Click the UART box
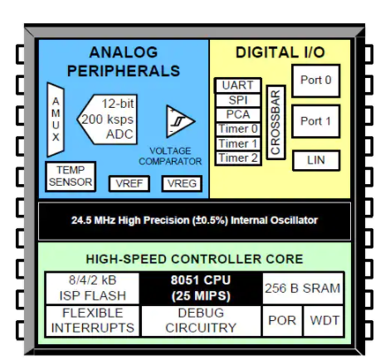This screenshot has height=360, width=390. pyautogui.click(x=238, y=85)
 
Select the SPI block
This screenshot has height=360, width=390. pyautogui.click(x=238, y=100)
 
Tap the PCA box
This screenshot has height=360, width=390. pyautogui.click(x=238, y=114)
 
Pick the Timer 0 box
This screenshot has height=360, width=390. pyautogui.click(x=238, y=129)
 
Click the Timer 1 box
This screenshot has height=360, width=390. pyautogui.click(x=238, y=144)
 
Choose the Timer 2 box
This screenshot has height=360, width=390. pyautogui.click(x=238, y=158)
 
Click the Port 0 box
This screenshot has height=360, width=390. pyautogui.click(x=315, y=81)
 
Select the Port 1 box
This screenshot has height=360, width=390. pyautogui.click(x=315, y=121)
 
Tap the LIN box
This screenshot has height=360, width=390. pyautogui.click(x=315, y=159)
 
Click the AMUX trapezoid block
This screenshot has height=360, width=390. pyautogui.click(x=56, y=121)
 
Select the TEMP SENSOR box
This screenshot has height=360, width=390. pyautogui.click(x=71, y=175)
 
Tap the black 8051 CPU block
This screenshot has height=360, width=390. pyautogui.click(x=200, y=288)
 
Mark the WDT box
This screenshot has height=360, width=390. pyautogui.click(x=324, y=319)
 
